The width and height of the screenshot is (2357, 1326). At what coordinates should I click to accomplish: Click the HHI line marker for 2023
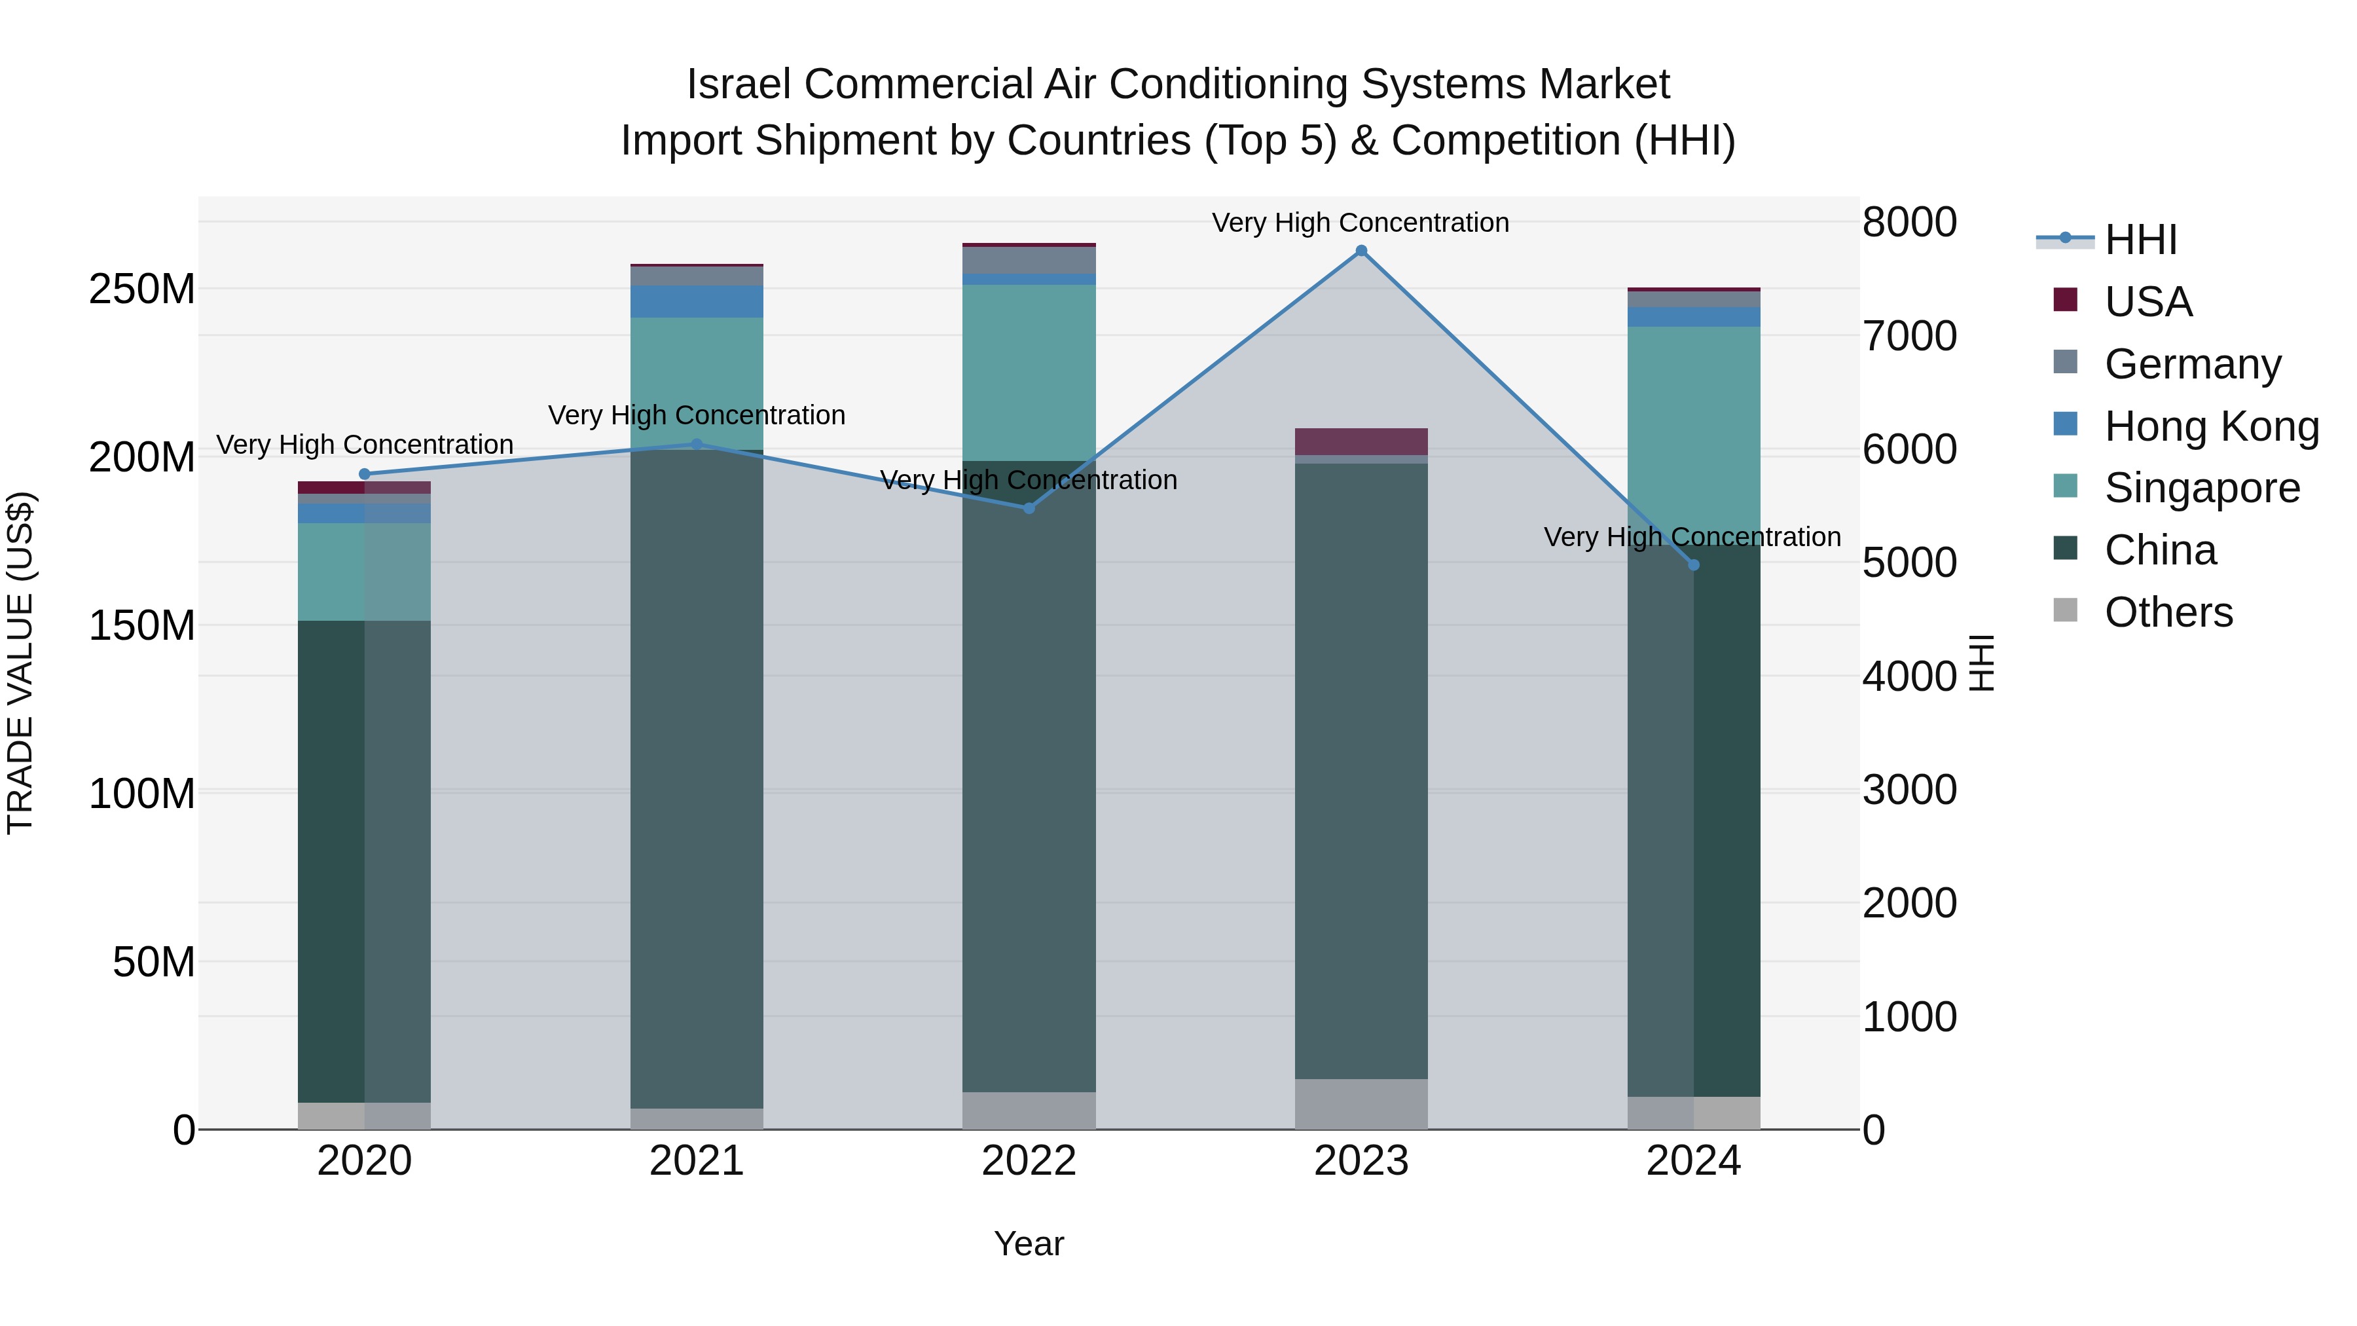coord(1361,251)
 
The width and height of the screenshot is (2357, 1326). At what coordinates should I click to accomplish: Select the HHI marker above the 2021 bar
coord(697,444)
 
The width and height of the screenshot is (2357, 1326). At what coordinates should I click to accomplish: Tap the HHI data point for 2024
coord(1692,564)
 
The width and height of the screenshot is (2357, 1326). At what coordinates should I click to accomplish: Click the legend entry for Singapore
coord(2201,488)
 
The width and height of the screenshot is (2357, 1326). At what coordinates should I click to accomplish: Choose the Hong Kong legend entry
coord(2210,426)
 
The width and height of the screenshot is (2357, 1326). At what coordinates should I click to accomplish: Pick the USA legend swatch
coord(2065,300)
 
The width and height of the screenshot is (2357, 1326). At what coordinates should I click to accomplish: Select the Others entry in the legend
coord(2168,612)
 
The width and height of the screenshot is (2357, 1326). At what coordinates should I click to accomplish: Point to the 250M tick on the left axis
coord(142,290)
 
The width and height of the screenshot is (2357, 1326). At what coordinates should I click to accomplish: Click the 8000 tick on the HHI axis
coord(1909,223)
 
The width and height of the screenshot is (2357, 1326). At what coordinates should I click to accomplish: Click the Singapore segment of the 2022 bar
coord(1029,371)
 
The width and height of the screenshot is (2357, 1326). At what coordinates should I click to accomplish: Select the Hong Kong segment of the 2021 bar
coord(697,301)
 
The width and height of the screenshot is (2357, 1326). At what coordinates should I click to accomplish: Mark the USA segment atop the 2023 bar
coord(1361,441)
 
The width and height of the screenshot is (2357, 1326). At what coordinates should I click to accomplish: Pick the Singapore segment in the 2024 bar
coord(1692,430)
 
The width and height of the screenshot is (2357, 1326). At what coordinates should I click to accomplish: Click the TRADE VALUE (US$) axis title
coord(21,663)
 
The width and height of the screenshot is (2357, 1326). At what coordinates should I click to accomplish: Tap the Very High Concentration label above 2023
coord(1361,223)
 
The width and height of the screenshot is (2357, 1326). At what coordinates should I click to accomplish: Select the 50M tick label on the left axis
coord(153,963)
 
